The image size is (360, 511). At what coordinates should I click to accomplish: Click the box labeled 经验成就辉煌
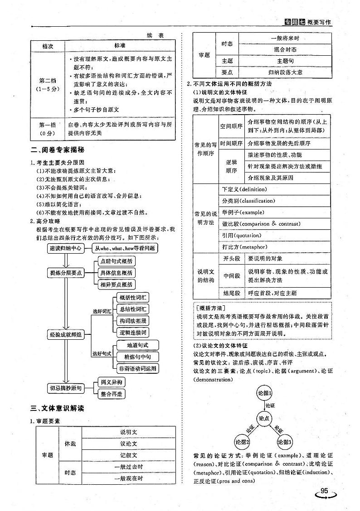point(66,335)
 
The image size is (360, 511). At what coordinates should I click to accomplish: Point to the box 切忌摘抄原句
point(66,388)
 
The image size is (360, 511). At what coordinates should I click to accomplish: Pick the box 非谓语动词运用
point(137,368)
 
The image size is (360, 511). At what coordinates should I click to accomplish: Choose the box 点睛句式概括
point(117,261)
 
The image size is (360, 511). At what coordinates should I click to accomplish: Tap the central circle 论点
point(265,419)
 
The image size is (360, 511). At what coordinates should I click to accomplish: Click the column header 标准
point(120,46)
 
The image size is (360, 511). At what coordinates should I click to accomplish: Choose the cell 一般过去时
point(129,467)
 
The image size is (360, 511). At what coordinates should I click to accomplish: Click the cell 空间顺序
point(231,125)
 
